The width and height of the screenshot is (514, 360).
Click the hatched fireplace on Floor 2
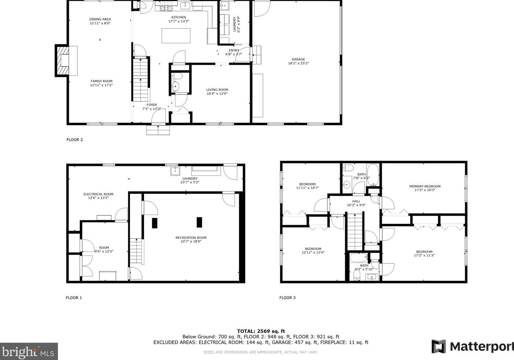click(x=62, y=61)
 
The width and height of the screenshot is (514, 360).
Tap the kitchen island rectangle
click(x=176, y=36)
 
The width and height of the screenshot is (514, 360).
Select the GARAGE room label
click(x=298, y=59)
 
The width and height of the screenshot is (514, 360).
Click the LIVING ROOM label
click(x=217, y=90)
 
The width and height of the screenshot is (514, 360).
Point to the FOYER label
click(x=152, y=105)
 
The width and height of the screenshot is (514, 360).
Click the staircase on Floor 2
click(x=141, y=80)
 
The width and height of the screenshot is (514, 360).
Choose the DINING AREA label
click(x=100, y=19)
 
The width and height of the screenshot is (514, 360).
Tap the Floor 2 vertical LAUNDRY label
click(x=234, y=24)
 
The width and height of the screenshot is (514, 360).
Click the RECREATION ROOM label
click(x=191, y=238)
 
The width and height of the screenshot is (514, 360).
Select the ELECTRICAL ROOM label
click(x=98, y=194)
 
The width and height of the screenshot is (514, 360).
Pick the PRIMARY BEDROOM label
click(x=425, y=186)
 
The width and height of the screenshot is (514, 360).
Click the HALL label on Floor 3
click(x=356, y=201)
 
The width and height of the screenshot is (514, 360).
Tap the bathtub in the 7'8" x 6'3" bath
click(x=373, y=175)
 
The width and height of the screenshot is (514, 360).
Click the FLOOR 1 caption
click(x=74, y=298)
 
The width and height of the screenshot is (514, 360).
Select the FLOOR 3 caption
click(x=287, y=298)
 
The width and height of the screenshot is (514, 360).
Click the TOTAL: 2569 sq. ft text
click(x=261, y=331)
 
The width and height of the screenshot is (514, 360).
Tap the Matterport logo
click(x=473, y=346)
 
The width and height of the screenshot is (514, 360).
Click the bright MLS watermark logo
click(x=29, y=352)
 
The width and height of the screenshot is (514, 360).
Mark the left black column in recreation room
click(x=154, y=223)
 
